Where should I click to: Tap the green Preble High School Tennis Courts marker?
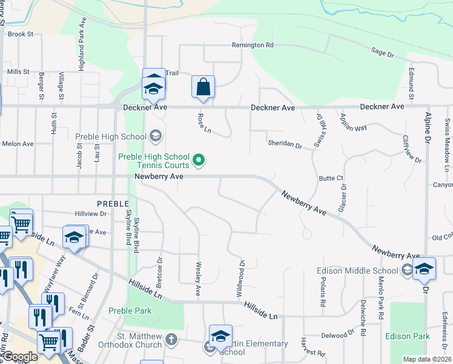(x=199, y=161)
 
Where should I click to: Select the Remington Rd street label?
(x=253, y=45)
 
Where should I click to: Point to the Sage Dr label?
(x=382, y=53)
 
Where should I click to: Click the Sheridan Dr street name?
(x=285, y=144)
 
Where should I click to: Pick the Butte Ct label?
(x=331, y=178)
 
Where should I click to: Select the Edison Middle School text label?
(x=357, y=271)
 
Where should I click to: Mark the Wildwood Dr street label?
(x=240, y=278)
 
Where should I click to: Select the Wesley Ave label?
(x=197, y=279)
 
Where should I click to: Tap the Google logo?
(x=20, y=357)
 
